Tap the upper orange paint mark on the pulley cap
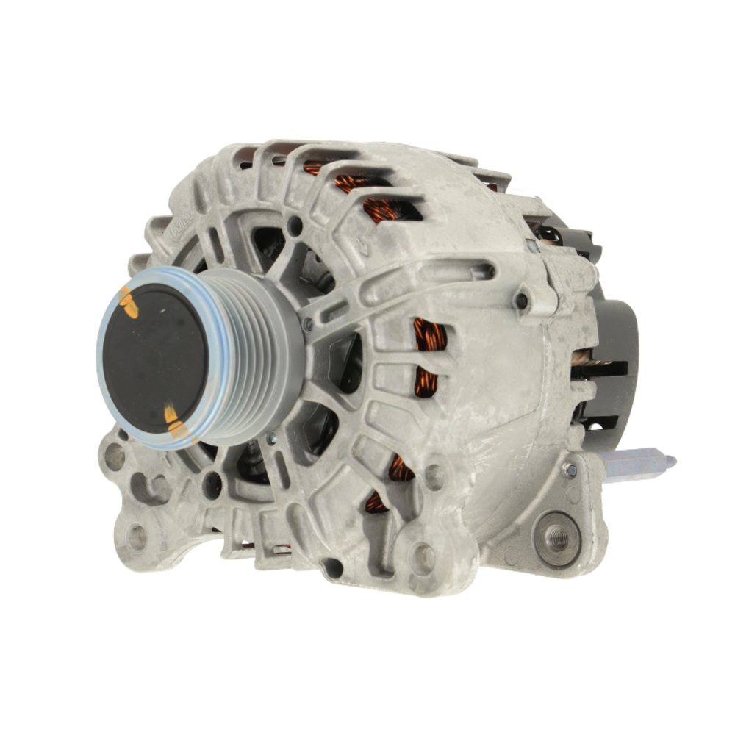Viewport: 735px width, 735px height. [129, 304]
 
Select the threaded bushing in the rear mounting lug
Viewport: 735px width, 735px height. [557, 539]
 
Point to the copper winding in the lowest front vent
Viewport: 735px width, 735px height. [376, 501]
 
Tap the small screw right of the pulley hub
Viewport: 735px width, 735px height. [309, 323]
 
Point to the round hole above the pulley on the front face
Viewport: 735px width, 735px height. [295, 226]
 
